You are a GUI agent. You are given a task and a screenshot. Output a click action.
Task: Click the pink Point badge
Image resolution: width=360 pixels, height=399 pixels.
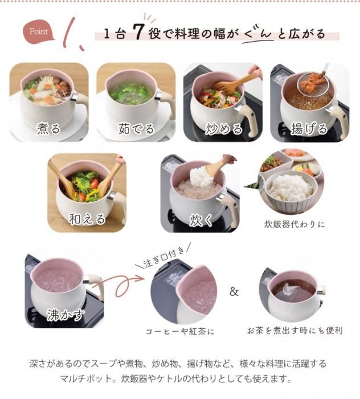[39, 32]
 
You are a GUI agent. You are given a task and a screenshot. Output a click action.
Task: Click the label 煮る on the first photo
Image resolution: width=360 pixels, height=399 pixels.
[48, 128]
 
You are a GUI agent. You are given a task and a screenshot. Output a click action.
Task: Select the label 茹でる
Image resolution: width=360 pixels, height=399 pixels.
[136, 128]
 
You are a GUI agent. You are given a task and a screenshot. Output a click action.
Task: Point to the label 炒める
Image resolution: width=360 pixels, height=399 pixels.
[224, 128]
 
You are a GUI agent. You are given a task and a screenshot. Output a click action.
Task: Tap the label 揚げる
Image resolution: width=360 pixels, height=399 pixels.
[309, 128]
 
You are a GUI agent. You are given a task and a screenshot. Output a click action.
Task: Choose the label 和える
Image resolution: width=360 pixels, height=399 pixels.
[87, 219]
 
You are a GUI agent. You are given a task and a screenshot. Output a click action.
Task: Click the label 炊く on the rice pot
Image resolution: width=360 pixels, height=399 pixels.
[201, 219]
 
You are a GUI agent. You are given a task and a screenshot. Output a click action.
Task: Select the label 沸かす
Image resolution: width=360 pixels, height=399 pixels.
[65, 315]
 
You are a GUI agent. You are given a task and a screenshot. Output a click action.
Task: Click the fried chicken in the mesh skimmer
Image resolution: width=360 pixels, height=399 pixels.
[313, 79]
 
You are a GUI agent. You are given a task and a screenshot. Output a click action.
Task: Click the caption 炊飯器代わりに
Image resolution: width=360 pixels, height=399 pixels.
[294, 225]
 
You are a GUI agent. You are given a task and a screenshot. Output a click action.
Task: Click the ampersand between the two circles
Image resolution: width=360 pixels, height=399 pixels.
[234, 292]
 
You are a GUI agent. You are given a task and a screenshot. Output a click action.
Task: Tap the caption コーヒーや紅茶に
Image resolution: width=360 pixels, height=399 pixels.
[180, 332]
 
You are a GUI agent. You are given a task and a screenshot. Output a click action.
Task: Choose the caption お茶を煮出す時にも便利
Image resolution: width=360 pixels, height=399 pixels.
[295, 331]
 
